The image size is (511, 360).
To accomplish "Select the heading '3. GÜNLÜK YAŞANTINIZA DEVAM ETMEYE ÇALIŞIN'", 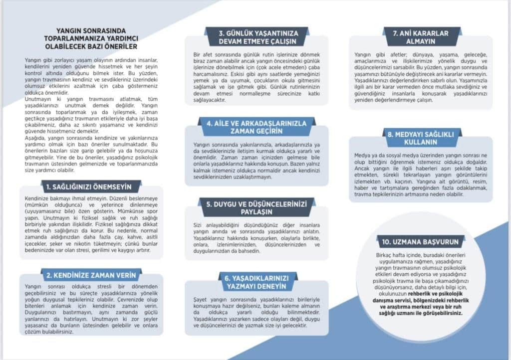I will click(257, 37).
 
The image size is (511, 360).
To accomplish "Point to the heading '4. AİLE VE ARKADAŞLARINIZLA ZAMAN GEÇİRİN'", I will click(257, 127).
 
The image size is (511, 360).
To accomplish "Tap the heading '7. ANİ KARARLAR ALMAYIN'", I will click(420, 37).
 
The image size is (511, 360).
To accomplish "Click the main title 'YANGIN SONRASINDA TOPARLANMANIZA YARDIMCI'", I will click(91, 34).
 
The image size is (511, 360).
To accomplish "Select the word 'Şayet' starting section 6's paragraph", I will click(199, 299).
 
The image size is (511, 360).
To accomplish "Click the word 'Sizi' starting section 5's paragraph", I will click(199, 225).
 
